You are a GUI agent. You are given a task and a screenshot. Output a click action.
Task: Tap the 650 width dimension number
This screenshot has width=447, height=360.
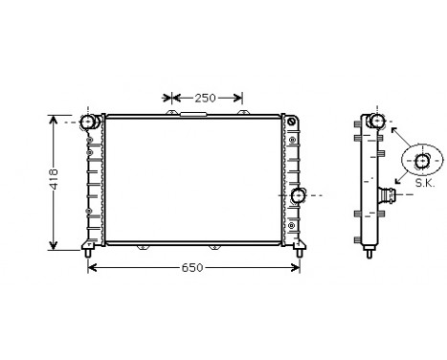193,267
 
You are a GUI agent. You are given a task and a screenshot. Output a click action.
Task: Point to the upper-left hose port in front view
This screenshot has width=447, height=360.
89,122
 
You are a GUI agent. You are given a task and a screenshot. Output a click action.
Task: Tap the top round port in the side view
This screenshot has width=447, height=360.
377,122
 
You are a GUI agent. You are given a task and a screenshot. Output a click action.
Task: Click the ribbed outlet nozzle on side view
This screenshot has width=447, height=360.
390,196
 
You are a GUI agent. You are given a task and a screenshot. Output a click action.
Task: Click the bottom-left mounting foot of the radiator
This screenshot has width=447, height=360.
89,252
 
